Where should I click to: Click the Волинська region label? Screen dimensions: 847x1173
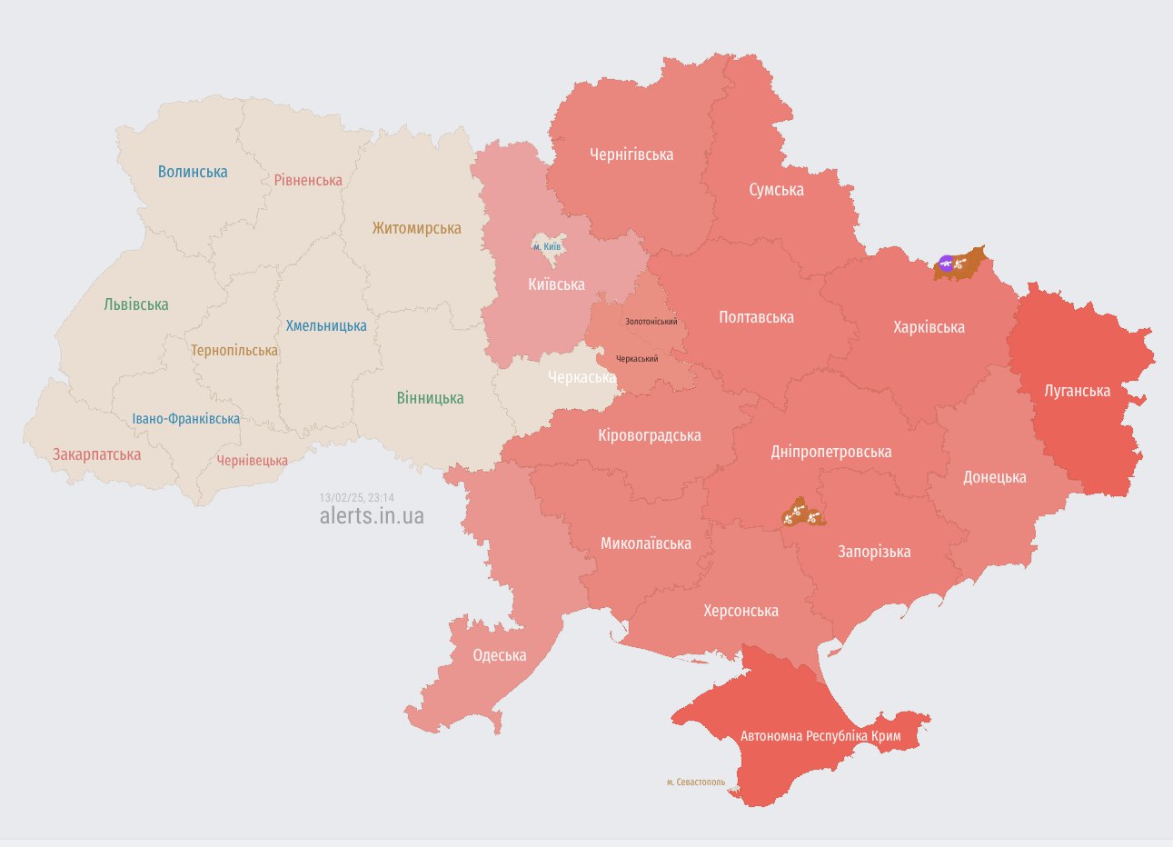[x=193, y=172]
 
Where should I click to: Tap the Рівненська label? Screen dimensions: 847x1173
[x=308, y=180]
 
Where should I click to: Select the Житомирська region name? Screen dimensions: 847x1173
[x=416, y=228]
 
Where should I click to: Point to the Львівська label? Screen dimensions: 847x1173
[x=136, y=304]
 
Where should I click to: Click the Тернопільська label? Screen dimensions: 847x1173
[x=234, y=350]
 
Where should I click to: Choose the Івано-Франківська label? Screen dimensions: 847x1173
[x=186, y=419]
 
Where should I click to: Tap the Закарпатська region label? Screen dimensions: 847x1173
[x=96, y=454]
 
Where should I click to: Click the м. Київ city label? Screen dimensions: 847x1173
[x=547, y=246]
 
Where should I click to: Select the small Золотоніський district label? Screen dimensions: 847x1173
[x=651, y=322]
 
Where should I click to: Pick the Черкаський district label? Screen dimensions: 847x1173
[x=637, y=359]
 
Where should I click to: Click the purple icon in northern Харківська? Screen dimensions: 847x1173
[x=946, y=264]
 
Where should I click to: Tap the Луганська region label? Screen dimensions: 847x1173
[x=1077, y=391]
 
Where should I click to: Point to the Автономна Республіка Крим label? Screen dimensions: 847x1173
[x=820, y=735]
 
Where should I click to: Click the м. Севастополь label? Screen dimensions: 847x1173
[x=696, y=782]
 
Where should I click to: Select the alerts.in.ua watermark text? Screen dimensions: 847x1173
[x=372, y=516]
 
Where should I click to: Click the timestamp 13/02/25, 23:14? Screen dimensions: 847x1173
[x=356, y=498]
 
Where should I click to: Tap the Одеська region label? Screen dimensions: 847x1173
[x=499, y=655]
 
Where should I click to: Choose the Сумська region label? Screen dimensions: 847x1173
[x=776, y=189]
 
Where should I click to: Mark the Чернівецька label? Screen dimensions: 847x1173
[x=252, y=461]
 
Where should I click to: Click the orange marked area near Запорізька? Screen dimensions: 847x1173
[x=802, y=513]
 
